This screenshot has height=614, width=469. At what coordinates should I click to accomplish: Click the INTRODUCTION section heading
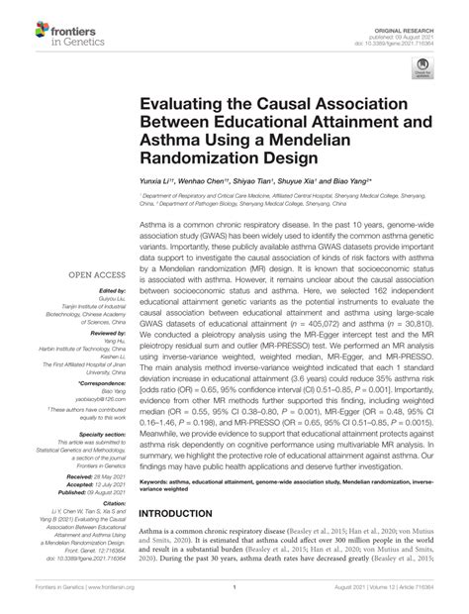pos(189,513)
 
